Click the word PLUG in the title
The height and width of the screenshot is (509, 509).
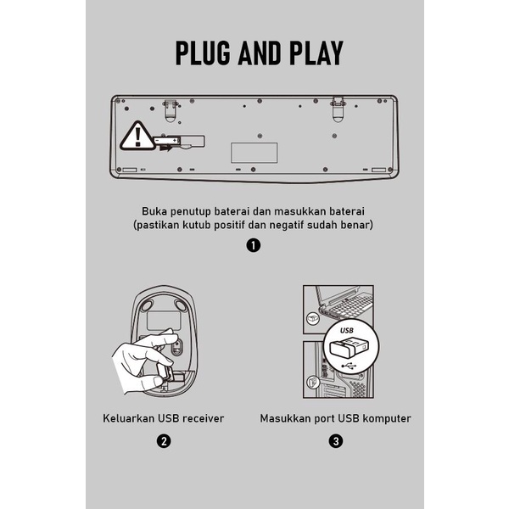tap(203, 53)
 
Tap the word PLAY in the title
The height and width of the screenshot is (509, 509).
tap(316, 53)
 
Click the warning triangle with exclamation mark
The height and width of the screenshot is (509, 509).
tap(137, 137)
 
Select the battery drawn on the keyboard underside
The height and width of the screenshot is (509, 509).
tap(167, 141)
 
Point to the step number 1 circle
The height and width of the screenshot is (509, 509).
tap(253, 245)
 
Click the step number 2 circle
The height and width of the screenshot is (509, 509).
tap(164, 441)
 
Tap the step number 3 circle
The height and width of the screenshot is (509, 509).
tap(336, 441)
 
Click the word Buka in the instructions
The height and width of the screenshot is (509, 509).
tap(154, 211)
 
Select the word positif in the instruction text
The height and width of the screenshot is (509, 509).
tap(229, 225)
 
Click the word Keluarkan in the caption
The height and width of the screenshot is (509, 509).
tap(129, 418)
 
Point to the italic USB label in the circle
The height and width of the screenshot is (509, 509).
tap(347, 331)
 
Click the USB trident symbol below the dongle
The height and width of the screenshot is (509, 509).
tap(349, 366)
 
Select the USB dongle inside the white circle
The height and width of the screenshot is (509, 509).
tap(349, 348)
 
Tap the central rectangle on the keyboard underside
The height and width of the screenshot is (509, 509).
tap(255, 153)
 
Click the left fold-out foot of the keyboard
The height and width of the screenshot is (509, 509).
tap(171, 111)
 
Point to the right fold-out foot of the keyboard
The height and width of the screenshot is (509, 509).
tap(338, 109)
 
